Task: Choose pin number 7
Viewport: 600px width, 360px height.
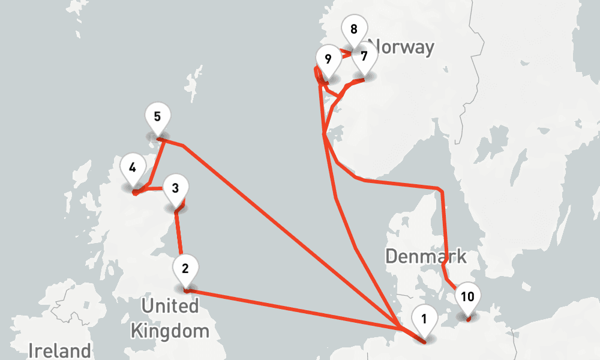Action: coord(364,59)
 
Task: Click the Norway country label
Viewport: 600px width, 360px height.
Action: coord(401,47)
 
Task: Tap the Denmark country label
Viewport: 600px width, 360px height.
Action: coord(425,256)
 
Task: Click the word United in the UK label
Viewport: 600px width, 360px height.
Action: coord(170,306)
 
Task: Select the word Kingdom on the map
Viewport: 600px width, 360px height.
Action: coord(170,330)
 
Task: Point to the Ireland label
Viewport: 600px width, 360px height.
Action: coord(60,350)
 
